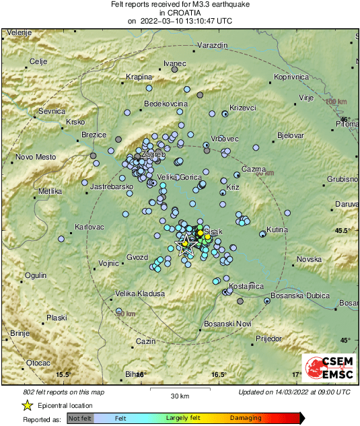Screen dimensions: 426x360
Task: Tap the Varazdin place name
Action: [213, 45]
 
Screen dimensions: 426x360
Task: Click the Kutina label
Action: [277, 230]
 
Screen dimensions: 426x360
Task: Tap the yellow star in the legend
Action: [27, 405]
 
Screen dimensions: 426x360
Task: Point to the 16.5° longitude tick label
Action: [219, 374]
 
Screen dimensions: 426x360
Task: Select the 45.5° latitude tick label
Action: [344, 230]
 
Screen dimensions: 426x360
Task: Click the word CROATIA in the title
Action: [180, 12]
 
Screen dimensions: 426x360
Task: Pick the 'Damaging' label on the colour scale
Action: [246, 418]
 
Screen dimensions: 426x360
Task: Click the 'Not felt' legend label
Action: [80, 418]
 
